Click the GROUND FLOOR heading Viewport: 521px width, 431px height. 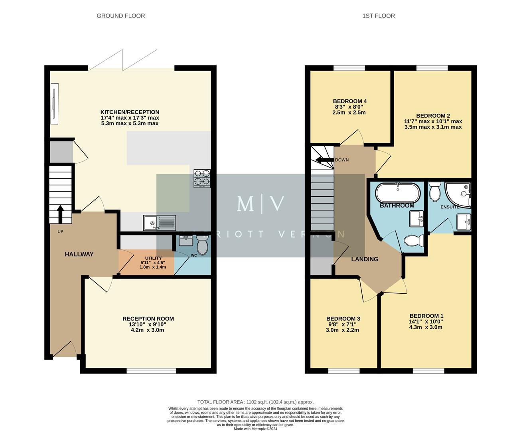pos(120,16)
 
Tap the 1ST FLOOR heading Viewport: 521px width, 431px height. pos(379,16)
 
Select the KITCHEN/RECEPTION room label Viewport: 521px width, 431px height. pos(130,112)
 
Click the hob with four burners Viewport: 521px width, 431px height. pos(202,178)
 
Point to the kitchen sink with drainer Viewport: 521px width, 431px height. pos(160,223)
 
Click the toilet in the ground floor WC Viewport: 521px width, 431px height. pos(202,245)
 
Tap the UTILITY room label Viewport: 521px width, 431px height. pos(153,258)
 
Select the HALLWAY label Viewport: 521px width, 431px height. pos(79,254)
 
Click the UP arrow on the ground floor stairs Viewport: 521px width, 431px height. pos(60,214)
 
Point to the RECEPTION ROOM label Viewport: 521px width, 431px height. pos(148,318)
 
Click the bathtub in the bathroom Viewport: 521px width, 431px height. pos(397,193)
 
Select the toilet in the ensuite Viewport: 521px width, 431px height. pos(434,192)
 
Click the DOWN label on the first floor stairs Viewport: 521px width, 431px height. pos(341,160)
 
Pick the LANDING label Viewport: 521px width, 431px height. pos(365,259)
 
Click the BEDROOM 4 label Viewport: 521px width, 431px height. pos(349,101)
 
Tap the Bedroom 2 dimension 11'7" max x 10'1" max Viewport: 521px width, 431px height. pos(433,121)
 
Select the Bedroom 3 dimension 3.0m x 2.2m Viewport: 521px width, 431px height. pos(342,330)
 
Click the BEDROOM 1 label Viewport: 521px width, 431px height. pos(426,315)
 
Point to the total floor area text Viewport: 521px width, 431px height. pos(255,402)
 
